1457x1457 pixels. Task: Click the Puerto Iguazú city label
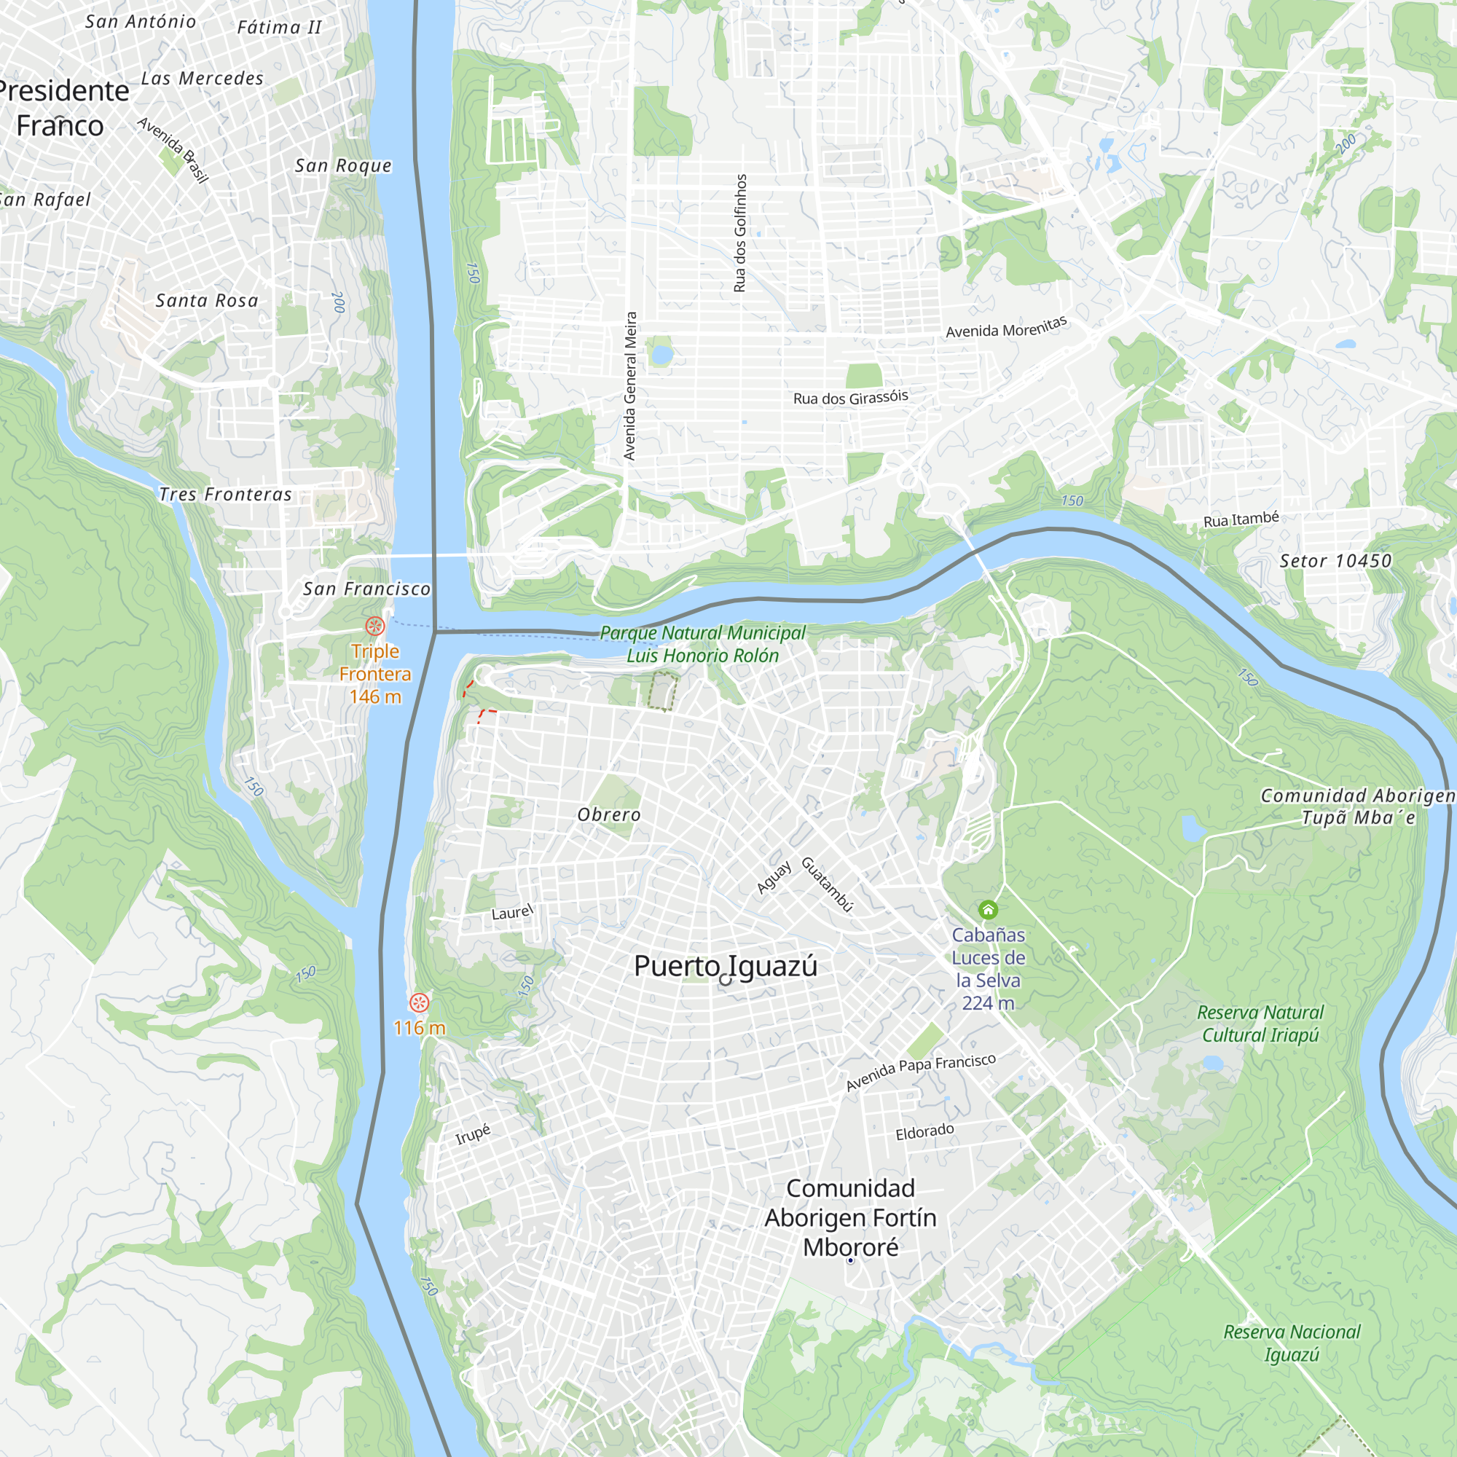point(725,966)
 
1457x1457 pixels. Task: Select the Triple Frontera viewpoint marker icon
point(374,626)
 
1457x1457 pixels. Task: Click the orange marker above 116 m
point(420,1002)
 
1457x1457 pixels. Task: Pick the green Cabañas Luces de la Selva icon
point(988,909)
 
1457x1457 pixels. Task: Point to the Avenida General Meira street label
point(630,386)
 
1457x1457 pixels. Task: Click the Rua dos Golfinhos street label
point(740,233)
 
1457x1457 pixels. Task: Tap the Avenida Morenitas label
point(1006,326)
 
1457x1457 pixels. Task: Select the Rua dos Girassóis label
point(850,398)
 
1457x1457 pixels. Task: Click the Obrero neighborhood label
point(608,814)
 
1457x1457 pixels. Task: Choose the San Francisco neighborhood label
point(366,589)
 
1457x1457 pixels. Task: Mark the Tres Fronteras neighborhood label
point(224,494)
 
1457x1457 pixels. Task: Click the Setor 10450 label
point(1335,560)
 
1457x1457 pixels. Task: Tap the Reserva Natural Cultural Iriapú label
point(1260,1024)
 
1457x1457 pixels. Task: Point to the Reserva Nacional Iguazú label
point(1292,1343)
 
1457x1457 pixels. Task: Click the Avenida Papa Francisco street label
point(920,1072)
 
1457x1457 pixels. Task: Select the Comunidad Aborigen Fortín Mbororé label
point(850,1217)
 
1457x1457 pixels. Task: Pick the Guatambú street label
point(827,884)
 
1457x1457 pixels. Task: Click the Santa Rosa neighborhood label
point(207,300)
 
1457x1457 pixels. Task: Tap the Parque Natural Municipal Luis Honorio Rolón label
point(703,644)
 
